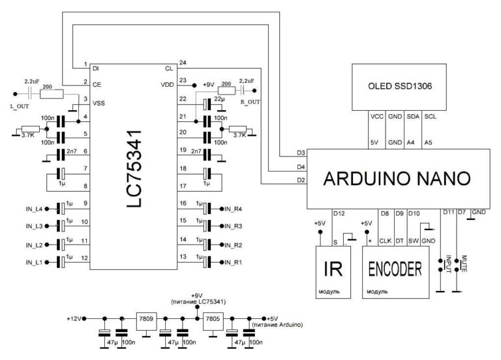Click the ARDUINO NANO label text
(397, 177)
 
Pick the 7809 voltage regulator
(145, 319)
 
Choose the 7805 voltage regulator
(213, 319)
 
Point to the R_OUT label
(250, 102)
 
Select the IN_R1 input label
(232, 263)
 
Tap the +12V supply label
(75, 318)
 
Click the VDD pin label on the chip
(167, 84)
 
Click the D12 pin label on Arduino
(339, 213)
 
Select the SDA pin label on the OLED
(412, 117)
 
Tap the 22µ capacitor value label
(219, 98)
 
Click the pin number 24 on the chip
(182, 63)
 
